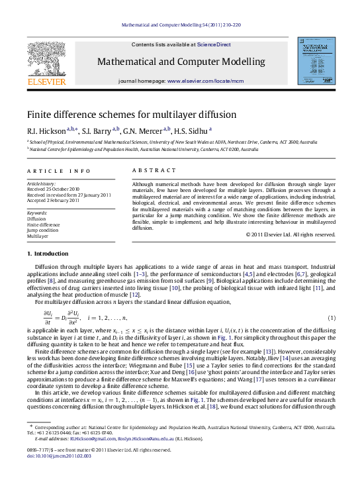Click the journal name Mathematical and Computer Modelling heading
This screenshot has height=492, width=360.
point(181,62)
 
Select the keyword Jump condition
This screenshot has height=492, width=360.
point(42,230)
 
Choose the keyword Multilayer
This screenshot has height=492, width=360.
point(38,236)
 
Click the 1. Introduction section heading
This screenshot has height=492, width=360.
point(47,254)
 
